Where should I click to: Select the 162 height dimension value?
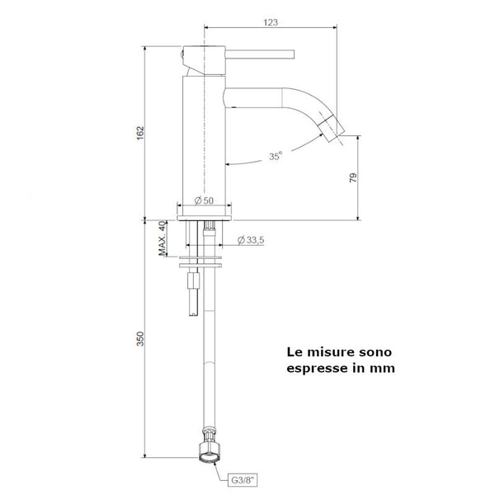(x=140, y=131)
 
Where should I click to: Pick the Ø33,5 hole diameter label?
(x=250, y=240)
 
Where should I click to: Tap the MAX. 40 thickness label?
(x=163, y=240)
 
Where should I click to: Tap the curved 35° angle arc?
(x=247, y=162)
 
